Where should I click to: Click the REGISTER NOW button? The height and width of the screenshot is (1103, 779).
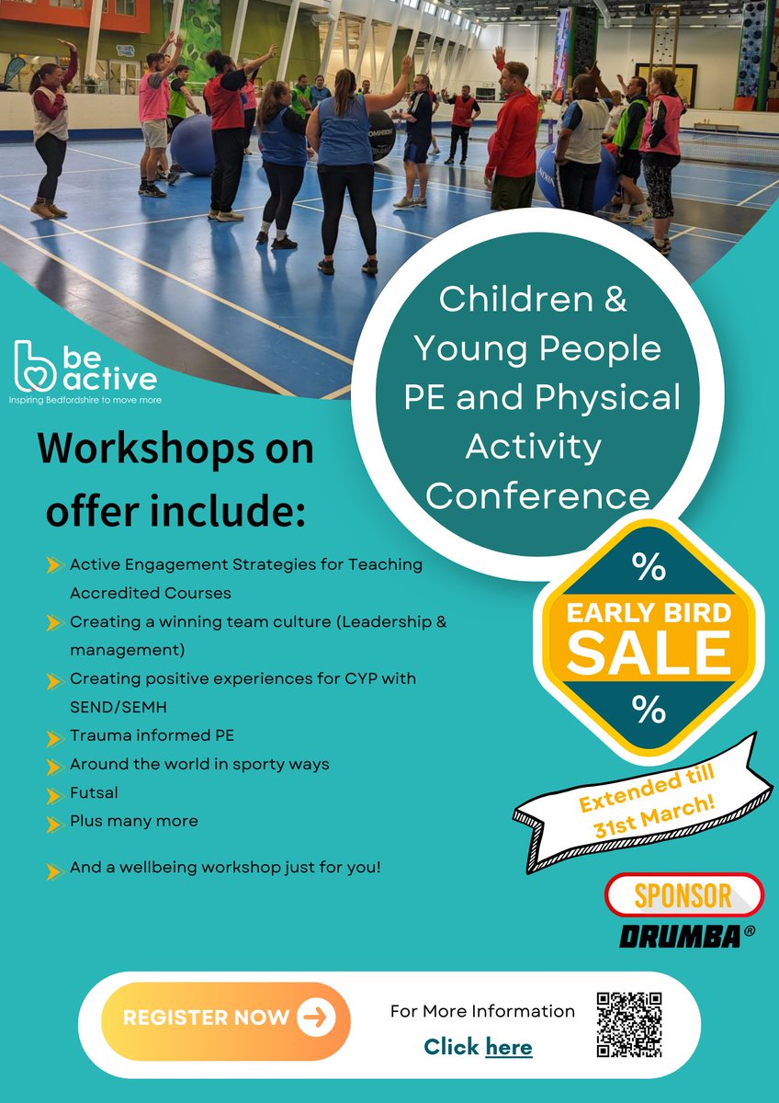coord(225,1018)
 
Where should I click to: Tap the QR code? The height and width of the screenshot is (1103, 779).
coord(629,1023)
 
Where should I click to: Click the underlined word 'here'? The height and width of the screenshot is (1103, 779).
coord(509,1046)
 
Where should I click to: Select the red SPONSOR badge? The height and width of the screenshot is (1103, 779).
coord(684,894)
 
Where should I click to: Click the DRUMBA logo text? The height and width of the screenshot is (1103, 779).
coord(682,936)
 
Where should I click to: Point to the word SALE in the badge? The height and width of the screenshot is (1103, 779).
coord(649,652)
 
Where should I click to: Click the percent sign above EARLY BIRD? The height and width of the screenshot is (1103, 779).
coord(649,568)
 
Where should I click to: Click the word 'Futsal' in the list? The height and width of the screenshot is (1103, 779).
coord(94,792)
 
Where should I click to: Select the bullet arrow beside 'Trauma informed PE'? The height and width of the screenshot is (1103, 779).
coord(53,737)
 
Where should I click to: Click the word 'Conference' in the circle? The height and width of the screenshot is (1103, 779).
coord(538,496)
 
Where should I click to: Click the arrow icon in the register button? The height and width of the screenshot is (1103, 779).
coord(315,1018)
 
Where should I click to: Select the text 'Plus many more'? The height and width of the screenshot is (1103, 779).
coord(134,821)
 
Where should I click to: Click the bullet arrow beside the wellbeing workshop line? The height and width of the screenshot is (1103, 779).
coord(53,869)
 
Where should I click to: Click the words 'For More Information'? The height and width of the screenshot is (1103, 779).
coord(483,1011)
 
